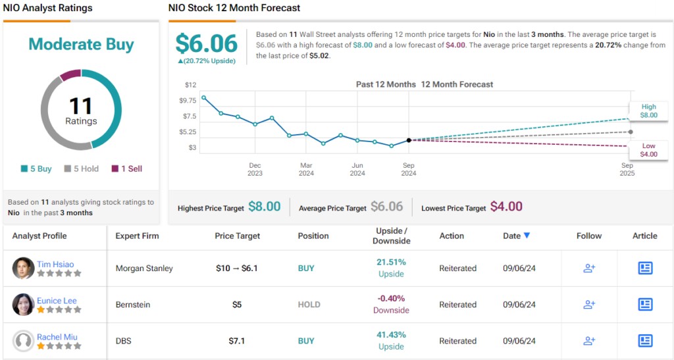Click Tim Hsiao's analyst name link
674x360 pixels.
click(x=55, y=264)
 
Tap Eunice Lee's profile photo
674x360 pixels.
click(x=23, y=304)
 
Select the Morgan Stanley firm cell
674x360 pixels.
click(x=144, y=269)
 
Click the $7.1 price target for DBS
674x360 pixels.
click(x=237, y=341)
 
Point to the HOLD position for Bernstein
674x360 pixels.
click(x=309, y=305)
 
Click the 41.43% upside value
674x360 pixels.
click(x=391, y=334)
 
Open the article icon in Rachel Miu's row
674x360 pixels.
click(x=645, y=340)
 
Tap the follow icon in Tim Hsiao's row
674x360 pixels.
click(x=589, y=268)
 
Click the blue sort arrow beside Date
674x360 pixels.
click(x=527, y=236)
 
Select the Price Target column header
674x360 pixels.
click(x=237, y=236)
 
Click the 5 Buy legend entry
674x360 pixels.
click(x=36, y=168)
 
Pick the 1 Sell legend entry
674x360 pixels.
click(x=127, y=168)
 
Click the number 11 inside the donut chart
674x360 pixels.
click(x=81, y=105)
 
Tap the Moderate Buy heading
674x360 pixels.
click(x=81, y=45)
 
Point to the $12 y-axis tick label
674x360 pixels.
click(x=190, y=85)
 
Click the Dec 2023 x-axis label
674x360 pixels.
click(x=255, y=169)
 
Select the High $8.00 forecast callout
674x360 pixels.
click(x=648, y=111)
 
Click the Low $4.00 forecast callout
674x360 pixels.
click(x=648, y=150)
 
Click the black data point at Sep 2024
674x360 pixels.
click(x=409, y=140)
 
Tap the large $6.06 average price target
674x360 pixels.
click(x=206, y=43)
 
